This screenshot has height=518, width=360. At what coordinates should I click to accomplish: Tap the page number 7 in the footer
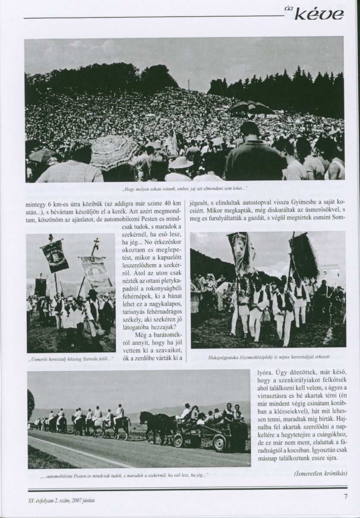tap(345, 496)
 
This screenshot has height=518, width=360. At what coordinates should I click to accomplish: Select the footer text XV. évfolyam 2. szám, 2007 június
tap(60, 500)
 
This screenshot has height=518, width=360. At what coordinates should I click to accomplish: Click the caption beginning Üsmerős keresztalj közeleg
tap(70, 359)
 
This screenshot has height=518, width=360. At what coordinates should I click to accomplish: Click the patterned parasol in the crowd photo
tap(115, 151)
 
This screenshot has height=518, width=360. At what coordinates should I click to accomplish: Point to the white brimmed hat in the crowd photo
tap(180, 163)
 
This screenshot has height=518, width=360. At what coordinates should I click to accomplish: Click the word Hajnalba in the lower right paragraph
tap(336, 417)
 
